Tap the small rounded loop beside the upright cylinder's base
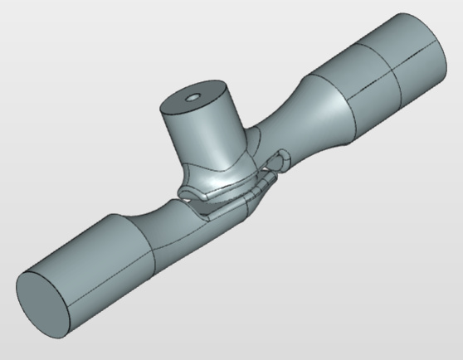(282, 158)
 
